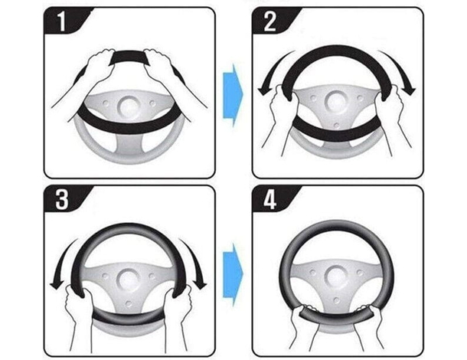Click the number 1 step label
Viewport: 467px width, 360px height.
[x=61, y=21]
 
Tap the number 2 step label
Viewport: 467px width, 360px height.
[x=269, y=21]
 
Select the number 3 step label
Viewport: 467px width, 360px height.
[x=62, y=199]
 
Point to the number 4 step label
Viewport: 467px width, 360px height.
[x=269, y=199]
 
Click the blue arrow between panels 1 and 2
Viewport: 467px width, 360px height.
[x=233, y=96]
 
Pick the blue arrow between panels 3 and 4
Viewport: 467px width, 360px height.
[x=233, y=274]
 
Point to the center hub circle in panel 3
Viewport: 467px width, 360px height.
[x=129, y=280]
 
